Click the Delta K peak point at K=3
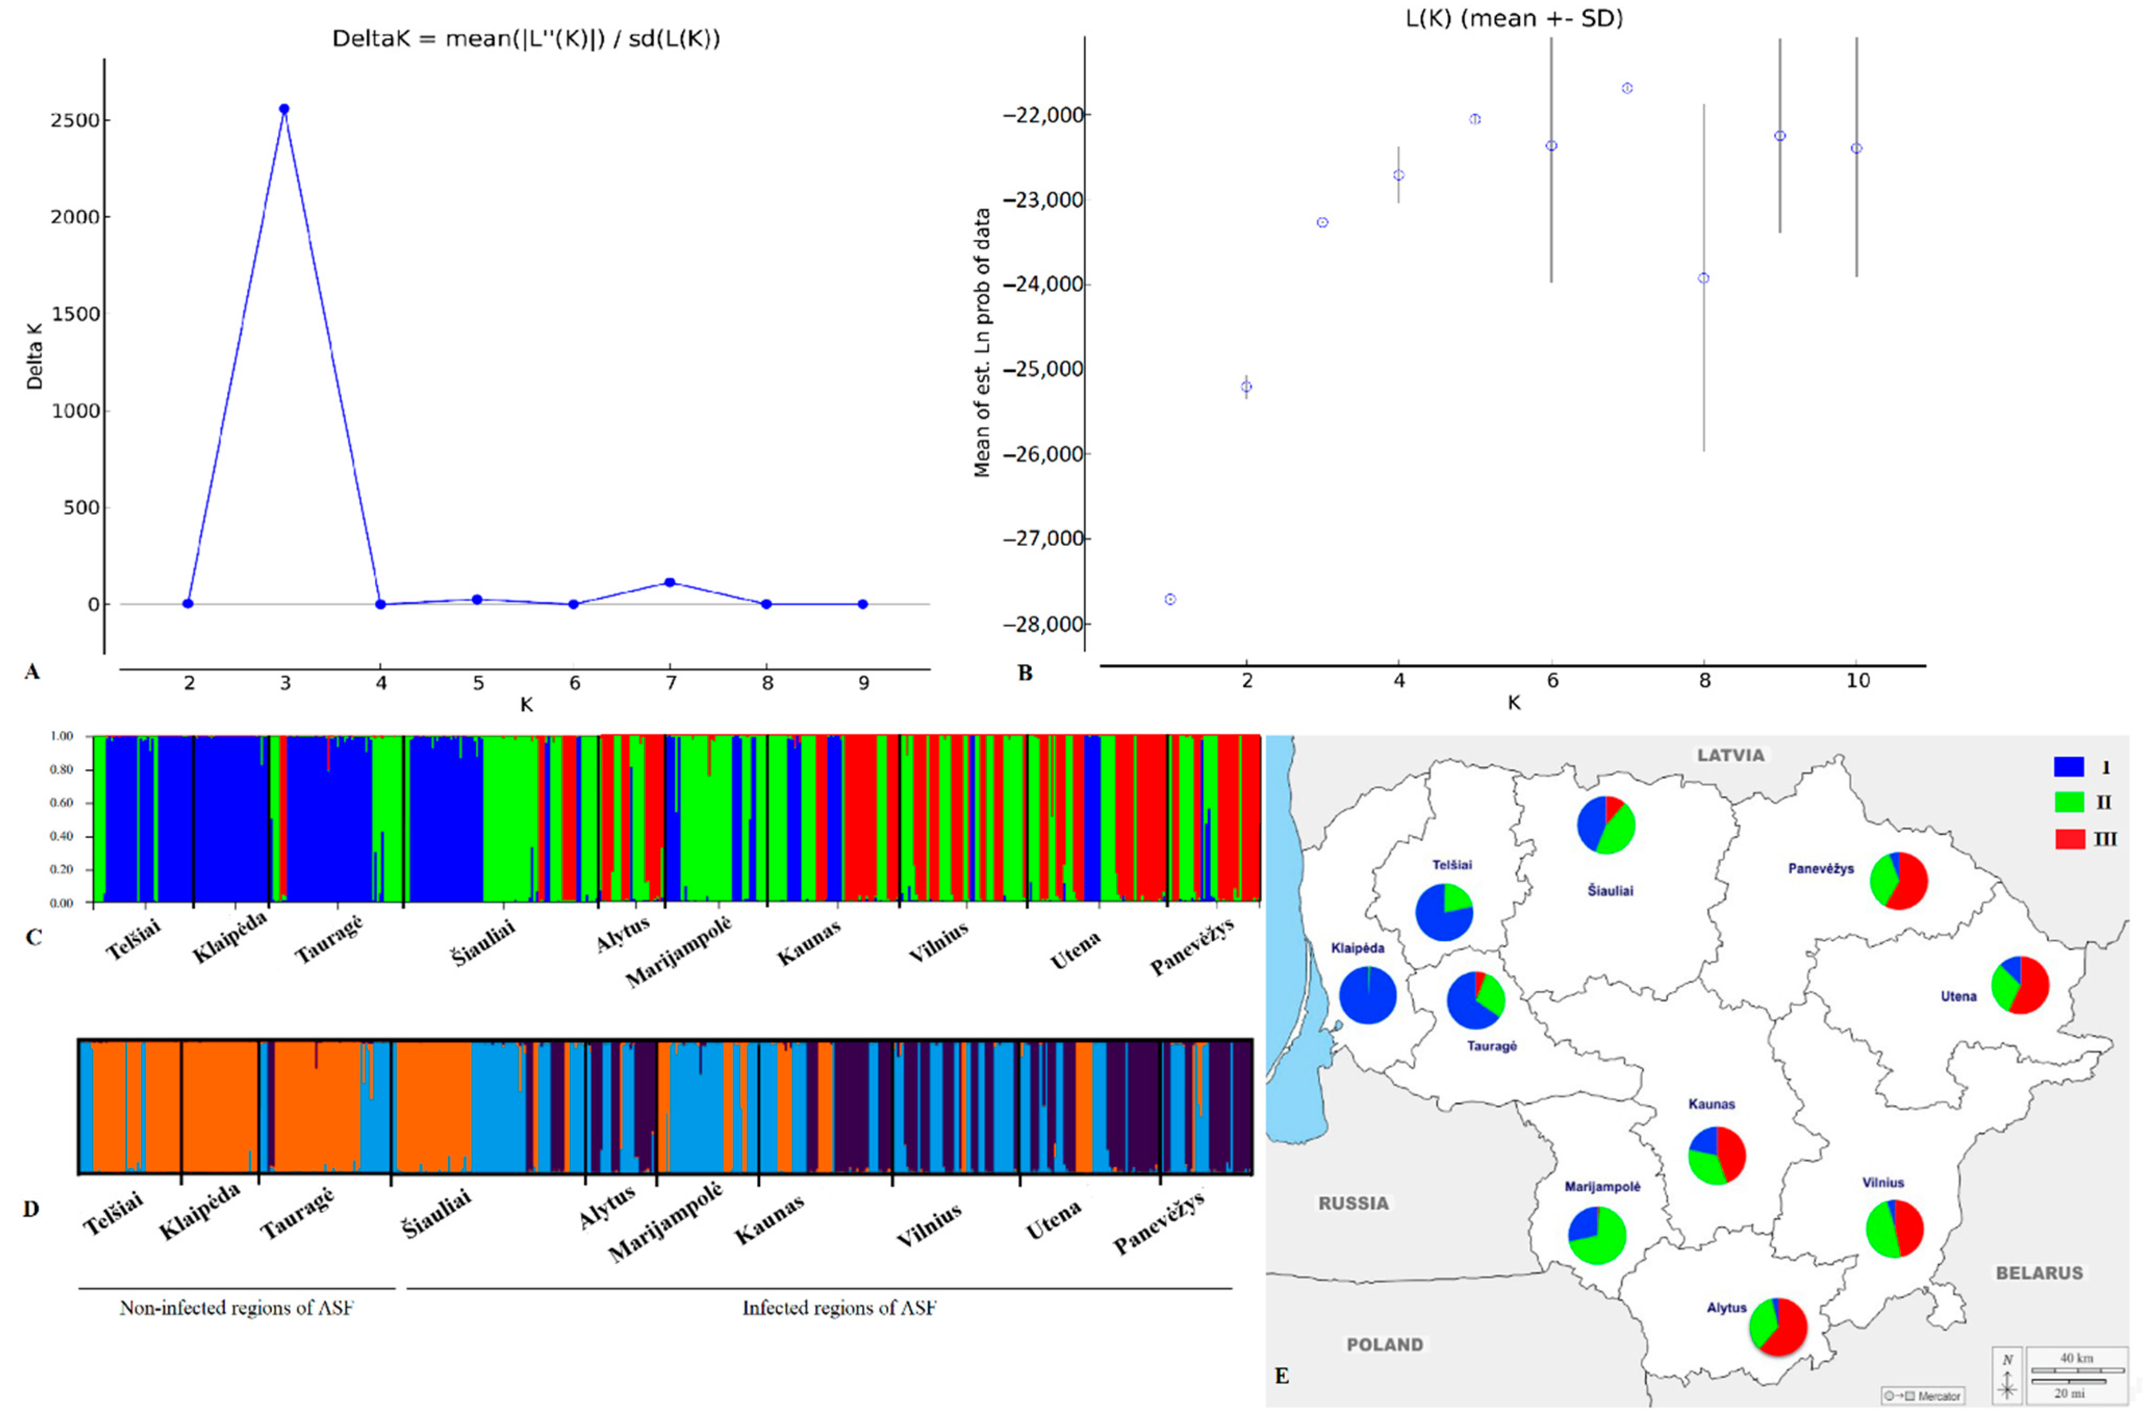[x=284, y=109]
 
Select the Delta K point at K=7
[x=670, y=582]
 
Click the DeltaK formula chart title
[x=526, y=39]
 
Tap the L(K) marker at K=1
[x=1170, y=600]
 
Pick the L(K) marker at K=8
[x=1704, y=278]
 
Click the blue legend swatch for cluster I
[x=2069, y=767]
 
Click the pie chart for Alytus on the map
[x=1778, y=1327]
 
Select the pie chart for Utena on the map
[x=2020, y=984]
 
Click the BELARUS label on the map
[x=2039, y=1272]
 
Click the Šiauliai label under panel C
[x=483, y=942]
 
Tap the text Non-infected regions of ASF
[x=237, y=1308]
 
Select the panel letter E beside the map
[x=1281, y=1376]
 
